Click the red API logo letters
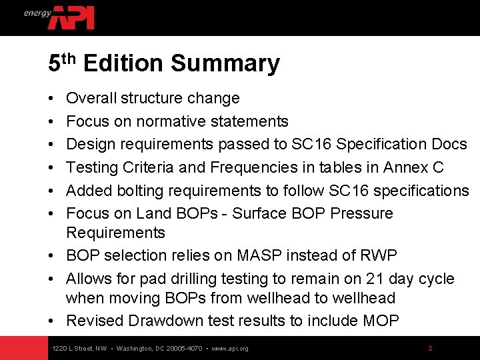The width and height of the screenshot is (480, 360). pos(72,17)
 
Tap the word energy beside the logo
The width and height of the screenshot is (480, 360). pos(37,13)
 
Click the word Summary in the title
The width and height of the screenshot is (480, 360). pos(225,64)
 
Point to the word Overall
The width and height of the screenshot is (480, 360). pos(91,99)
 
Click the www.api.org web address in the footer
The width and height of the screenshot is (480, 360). pos(229,349)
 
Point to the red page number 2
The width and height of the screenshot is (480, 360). pos(430,349)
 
